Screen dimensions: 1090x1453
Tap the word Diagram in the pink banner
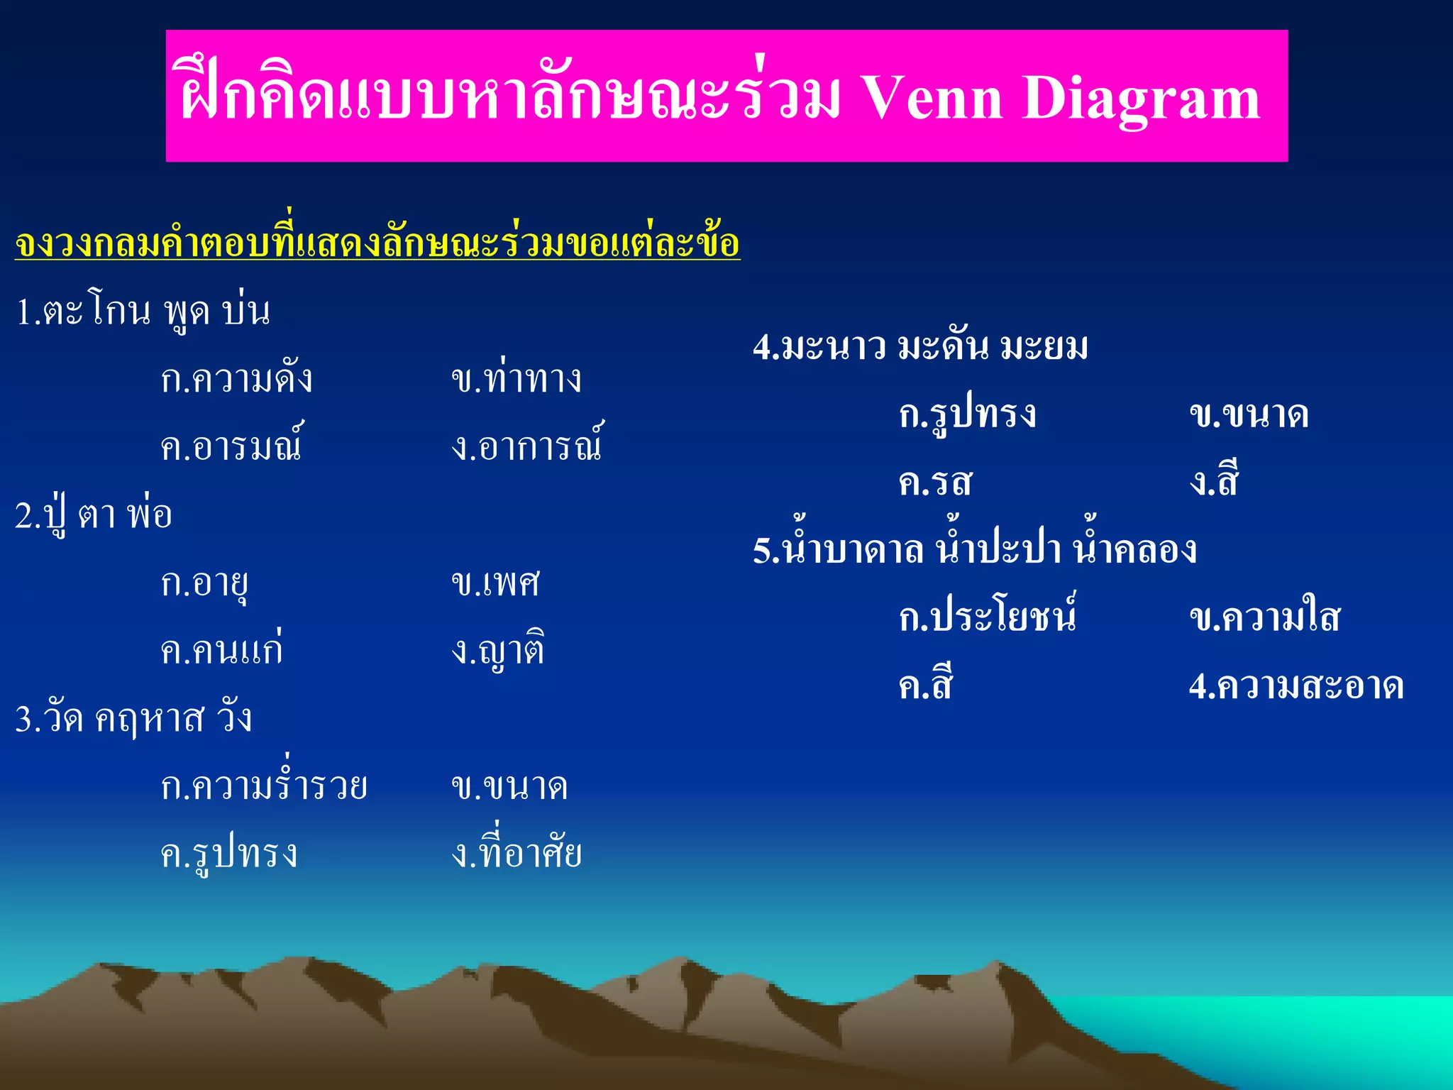(1141, 99)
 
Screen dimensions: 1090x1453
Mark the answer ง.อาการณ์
(527, 446)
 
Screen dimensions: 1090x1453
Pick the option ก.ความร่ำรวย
(264, 786)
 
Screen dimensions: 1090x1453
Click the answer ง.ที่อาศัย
(516, 852)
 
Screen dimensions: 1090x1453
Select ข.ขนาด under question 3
(509, 786)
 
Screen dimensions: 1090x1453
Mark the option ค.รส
(935, 482)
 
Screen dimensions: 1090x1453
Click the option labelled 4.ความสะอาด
(1296, 686)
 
